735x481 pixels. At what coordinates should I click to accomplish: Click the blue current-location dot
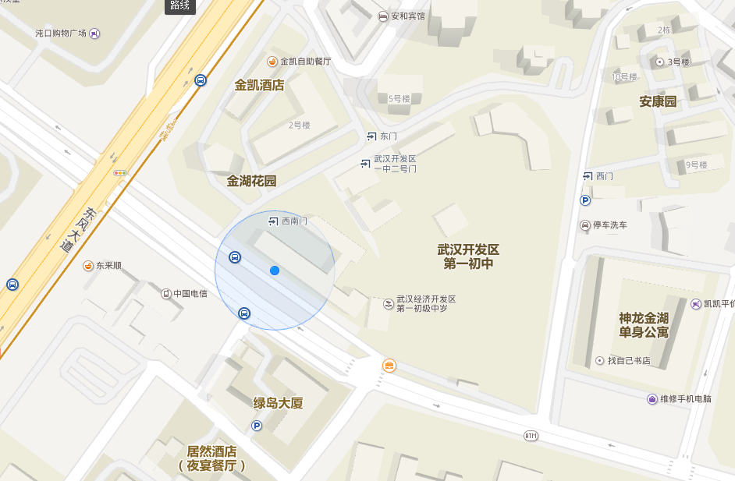click(275, 271)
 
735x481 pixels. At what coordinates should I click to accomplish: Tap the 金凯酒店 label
click(259, 85)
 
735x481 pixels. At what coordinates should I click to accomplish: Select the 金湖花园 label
click(251, 181)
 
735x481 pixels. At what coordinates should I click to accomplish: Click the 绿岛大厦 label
click(278, 403)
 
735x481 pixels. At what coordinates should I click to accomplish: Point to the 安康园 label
click(658, 101)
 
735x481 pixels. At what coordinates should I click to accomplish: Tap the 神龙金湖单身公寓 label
click(644, 325)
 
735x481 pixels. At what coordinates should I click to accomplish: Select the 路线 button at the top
click(179, 5)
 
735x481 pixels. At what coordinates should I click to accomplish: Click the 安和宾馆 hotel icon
click(382, 16)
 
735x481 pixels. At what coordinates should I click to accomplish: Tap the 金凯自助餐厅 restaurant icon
click(272, 61)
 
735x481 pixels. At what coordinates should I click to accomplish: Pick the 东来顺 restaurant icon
click(88, 266)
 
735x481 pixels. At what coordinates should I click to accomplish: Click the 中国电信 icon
click(165, 294)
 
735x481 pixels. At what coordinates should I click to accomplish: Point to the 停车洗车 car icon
click(584, 225)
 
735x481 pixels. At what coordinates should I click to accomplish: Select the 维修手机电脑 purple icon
click(652, 399)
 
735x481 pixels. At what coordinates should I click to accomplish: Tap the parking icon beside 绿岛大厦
click(257, 425)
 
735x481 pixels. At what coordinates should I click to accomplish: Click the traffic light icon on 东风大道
click(120, 172)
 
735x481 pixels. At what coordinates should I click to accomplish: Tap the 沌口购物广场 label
click(61, 34)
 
